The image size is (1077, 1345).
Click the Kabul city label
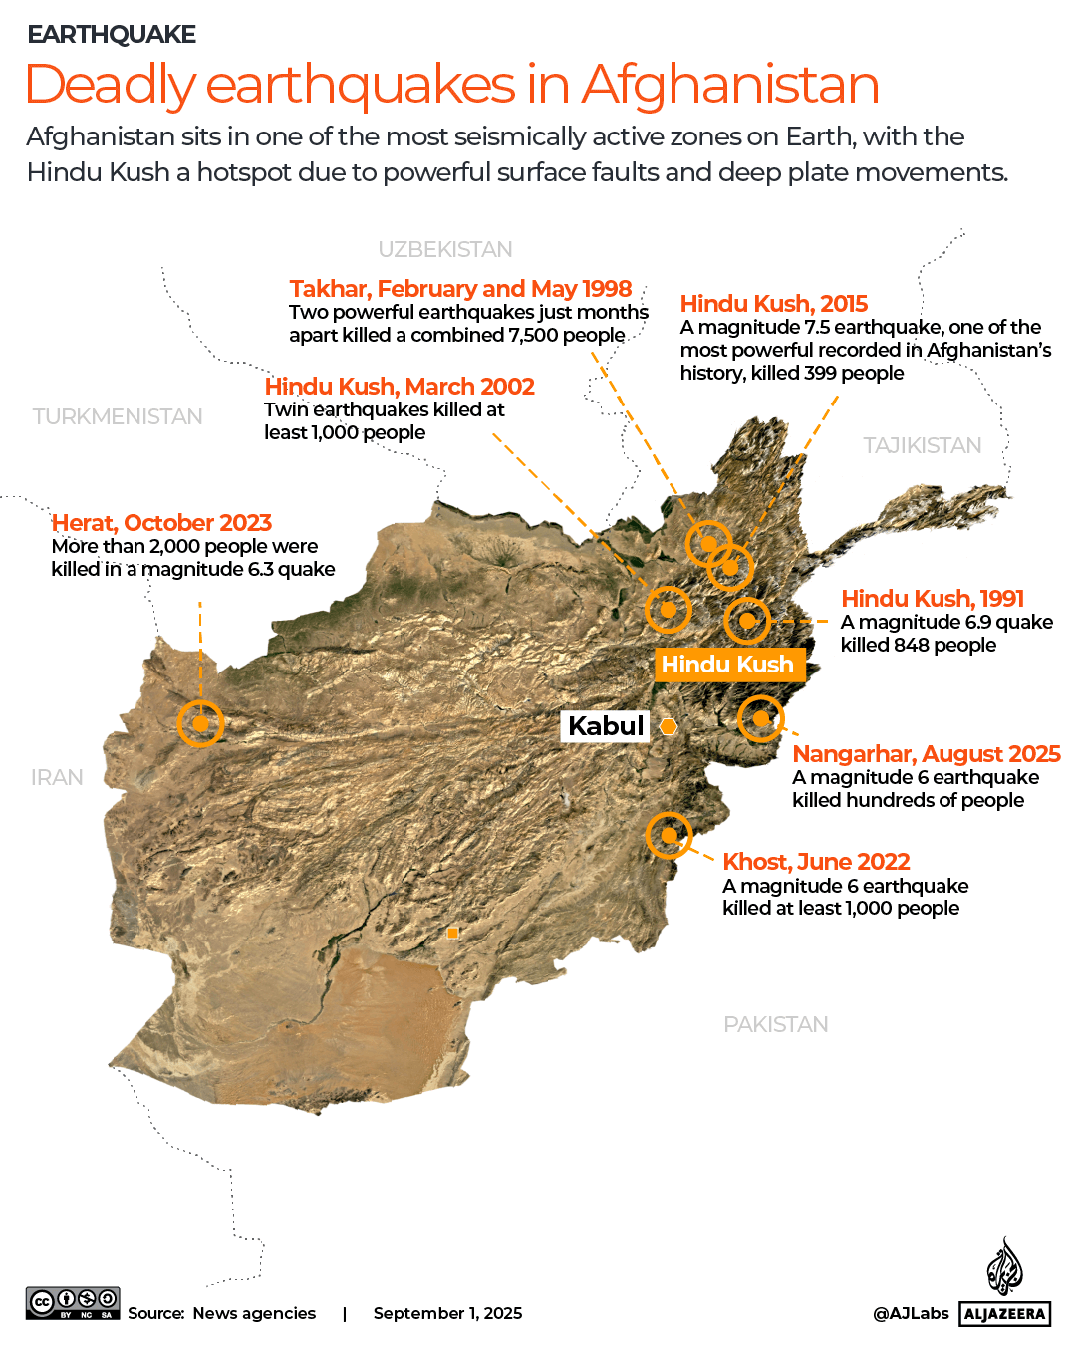(x=606, y=725)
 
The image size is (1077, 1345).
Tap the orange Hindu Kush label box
(x=728, y=665)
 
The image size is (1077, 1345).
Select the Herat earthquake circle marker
(x=200, y=723)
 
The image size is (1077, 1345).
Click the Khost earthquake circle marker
(x=669, y=835)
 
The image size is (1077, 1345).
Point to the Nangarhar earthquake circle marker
(x=760, y=717)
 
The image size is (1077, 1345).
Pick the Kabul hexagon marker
(x=669, y=726)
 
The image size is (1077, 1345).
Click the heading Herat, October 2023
(x=161, y=523)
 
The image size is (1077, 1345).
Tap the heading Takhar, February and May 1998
(x=460, y=289)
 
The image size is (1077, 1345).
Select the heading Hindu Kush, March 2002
(x=400, y=387)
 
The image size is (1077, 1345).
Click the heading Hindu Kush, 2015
(x=773, y=304)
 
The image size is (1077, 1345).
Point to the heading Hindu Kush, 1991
(x=933, y=599)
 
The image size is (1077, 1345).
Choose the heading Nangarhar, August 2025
(x=926, y=754)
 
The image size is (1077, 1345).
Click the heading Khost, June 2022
(x=816, y=862)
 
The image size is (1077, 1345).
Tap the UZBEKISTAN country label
(x=445, y=249)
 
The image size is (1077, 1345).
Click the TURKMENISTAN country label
(x=118, y=416)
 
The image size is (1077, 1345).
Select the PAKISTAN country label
(x=776, y=1024)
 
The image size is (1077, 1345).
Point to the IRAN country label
(x=57, y=777)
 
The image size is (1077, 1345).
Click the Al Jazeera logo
(x=1005, y=1286)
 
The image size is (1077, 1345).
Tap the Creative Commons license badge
(x=73, y=1303)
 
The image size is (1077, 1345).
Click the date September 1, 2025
(x=447, y=1313)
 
